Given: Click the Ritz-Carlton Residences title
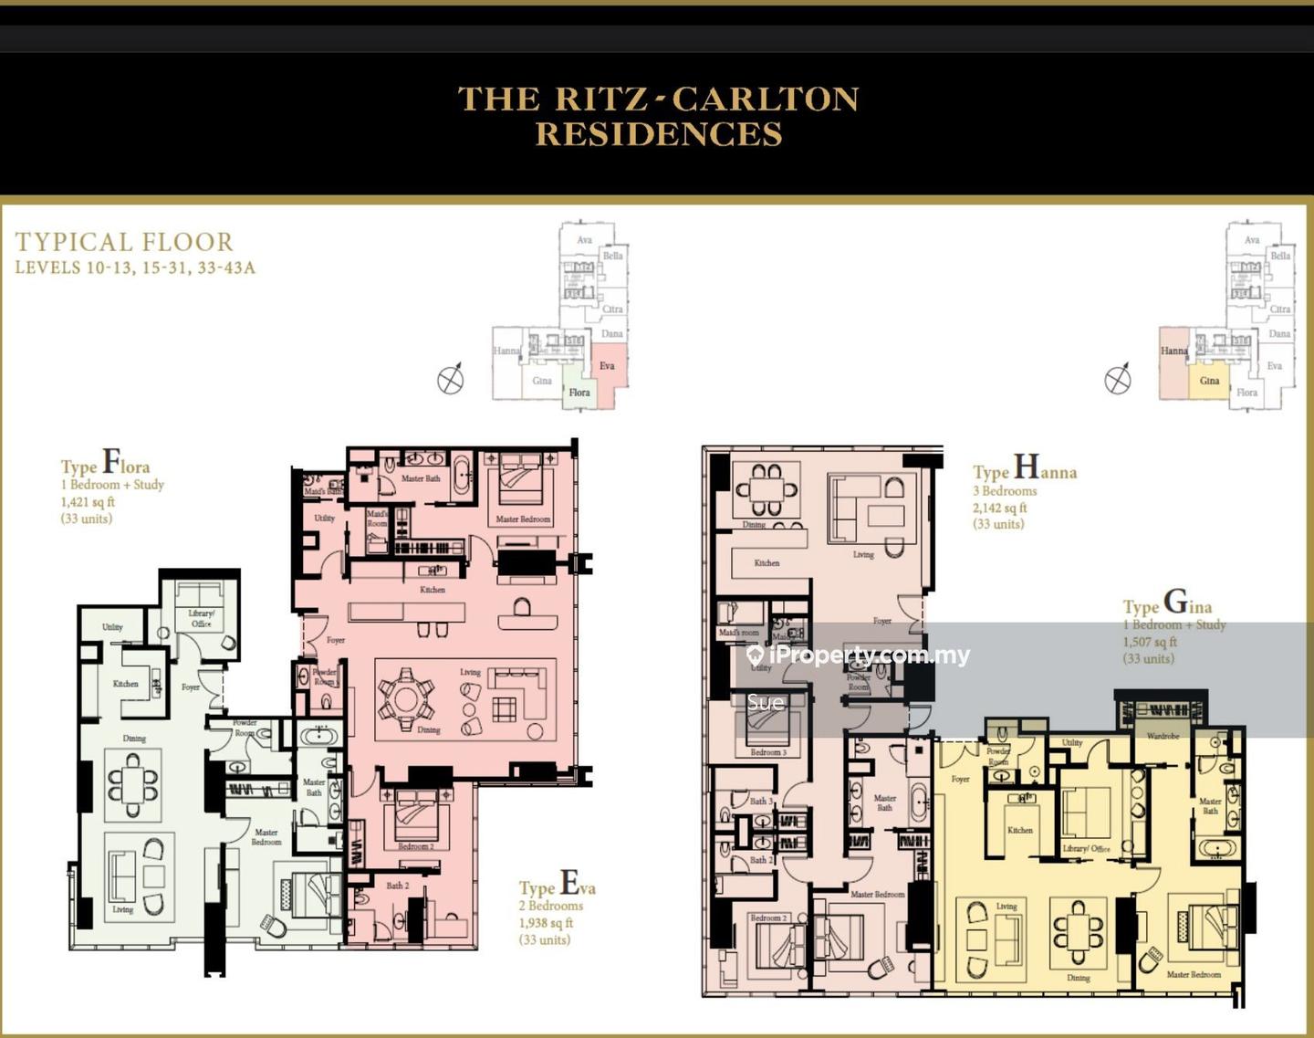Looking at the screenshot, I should [x=658, y=116].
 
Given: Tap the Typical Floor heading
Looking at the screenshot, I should [x=124, y=242].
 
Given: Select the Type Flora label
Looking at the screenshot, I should [x=105, y=463].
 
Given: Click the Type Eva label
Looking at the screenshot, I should [x=557, y=885].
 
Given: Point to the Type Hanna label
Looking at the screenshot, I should [x=1024, y=469].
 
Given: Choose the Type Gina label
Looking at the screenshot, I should [x=1167, y=604].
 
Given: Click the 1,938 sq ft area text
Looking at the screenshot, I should [x=547, y=923].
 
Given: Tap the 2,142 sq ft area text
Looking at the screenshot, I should [x=999, y=508].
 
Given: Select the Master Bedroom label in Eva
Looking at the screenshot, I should [x=523, y=519].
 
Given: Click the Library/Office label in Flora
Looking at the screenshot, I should [x=201, y=618].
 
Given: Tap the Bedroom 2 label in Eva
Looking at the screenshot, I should [x=416, y=846].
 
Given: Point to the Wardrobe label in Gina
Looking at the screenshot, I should [x=1163, y=736].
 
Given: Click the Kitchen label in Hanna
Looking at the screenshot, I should [x=766, y=563].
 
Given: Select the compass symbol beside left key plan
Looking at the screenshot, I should [x=451, y=379].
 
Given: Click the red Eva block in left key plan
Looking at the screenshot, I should [x=608, y=365].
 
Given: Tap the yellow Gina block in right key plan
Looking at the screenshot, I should [x=1209, y=381].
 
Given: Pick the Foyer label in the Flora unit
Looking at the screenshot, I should [x=191, y=687].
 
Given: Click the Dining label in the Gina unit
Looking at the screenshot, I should [x=1079, y=978].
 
